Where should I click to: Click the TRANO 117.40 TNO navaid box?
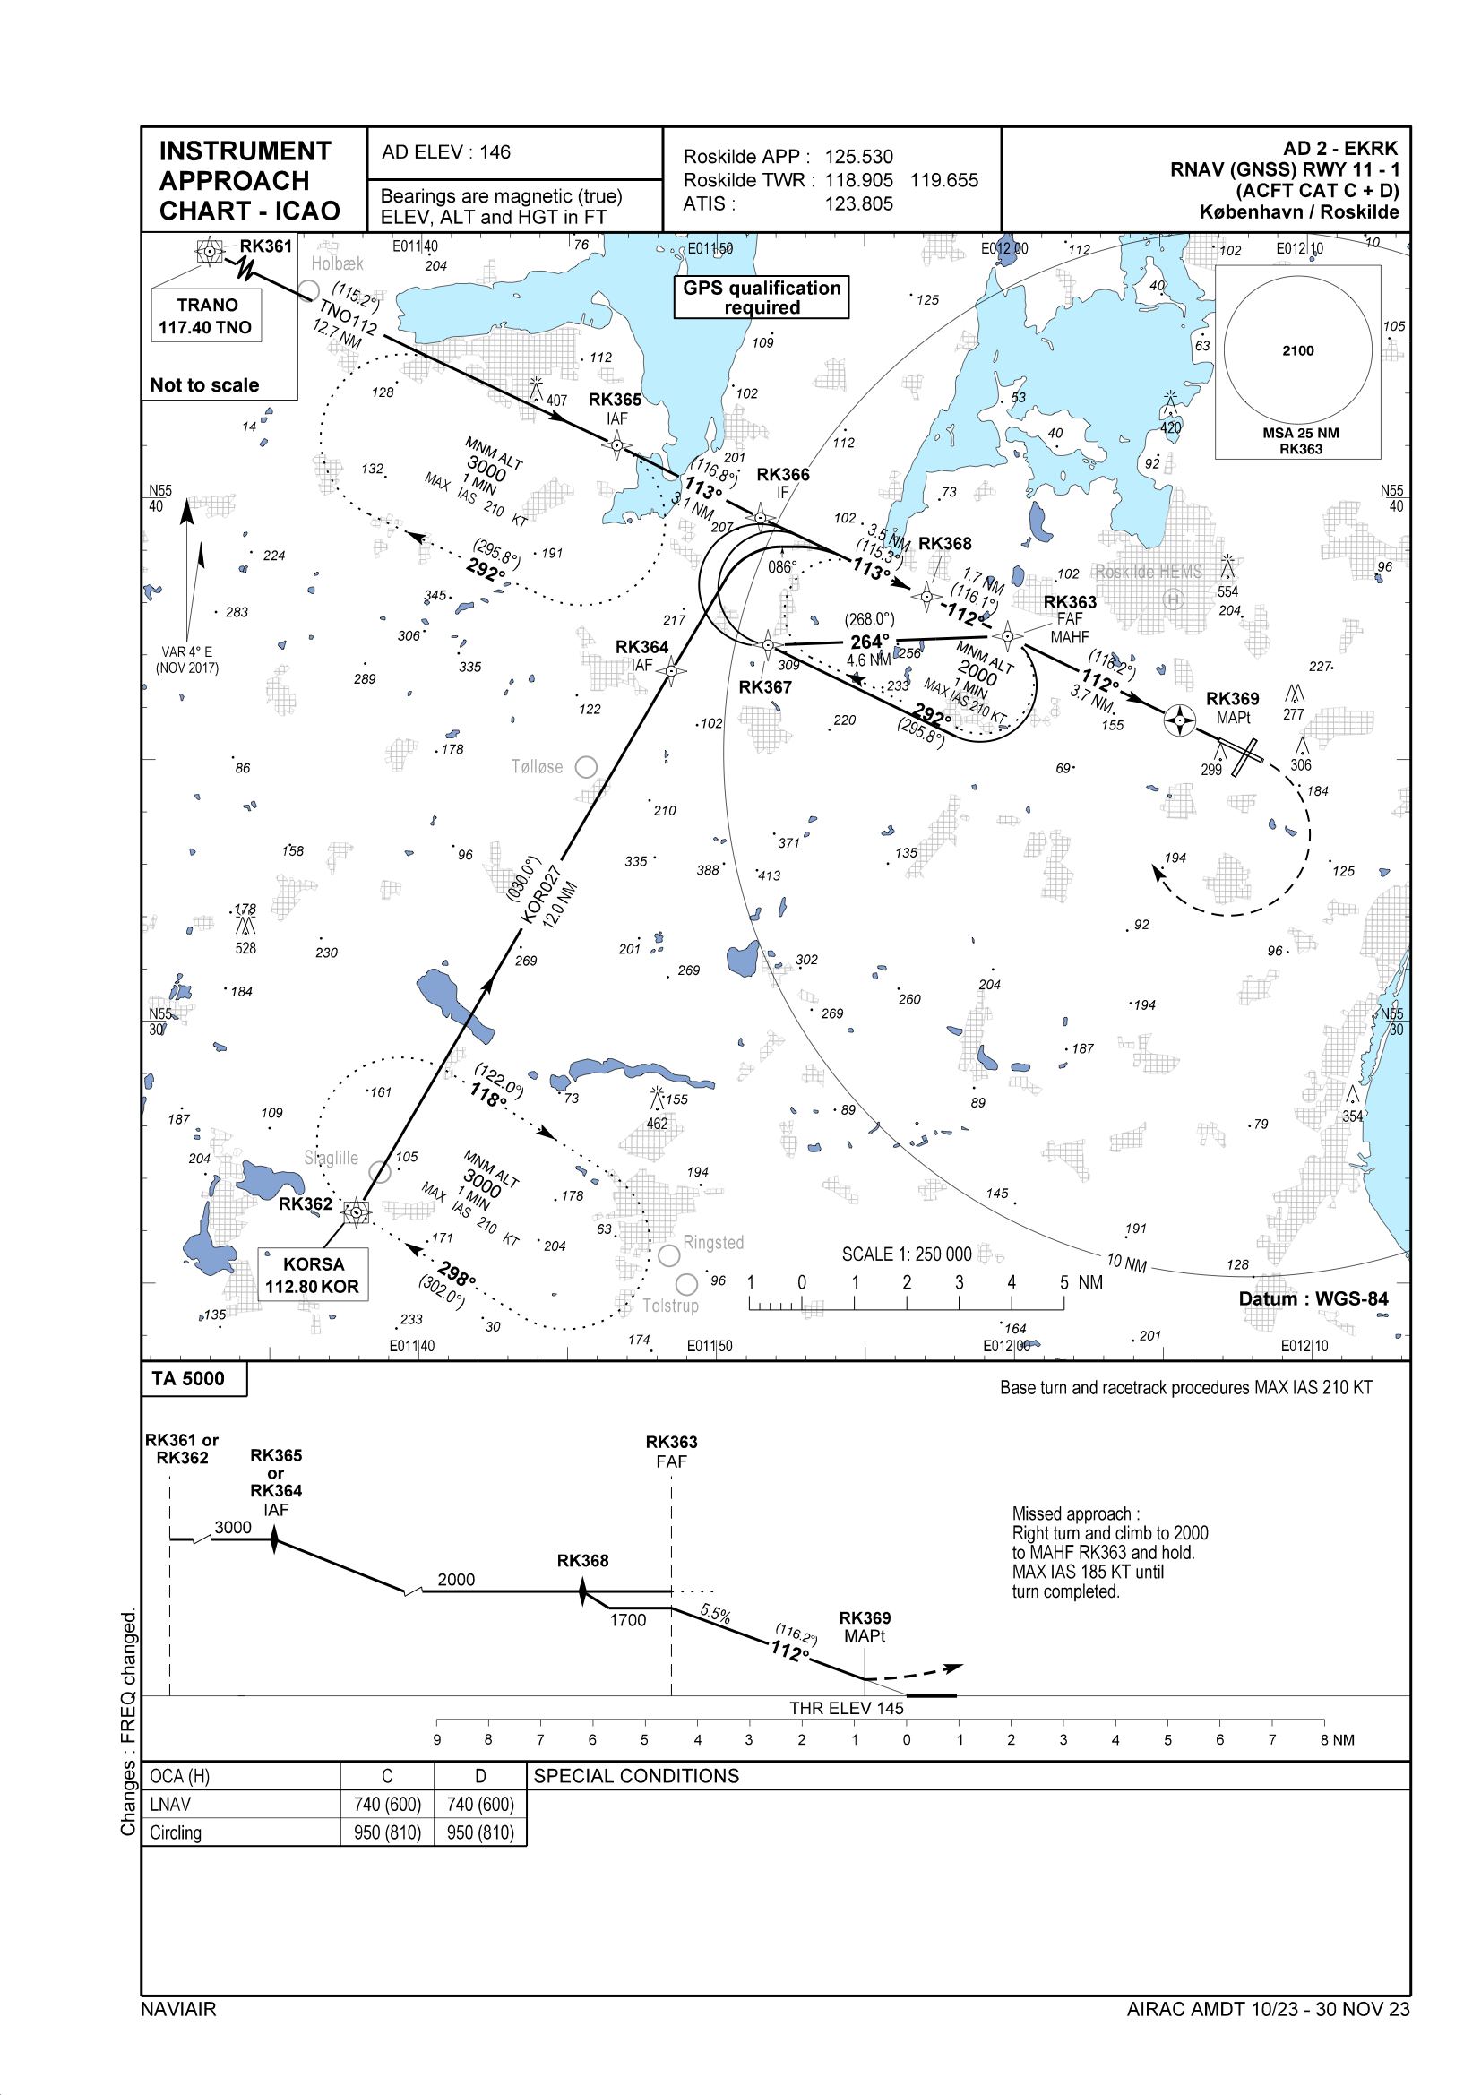(206, 315)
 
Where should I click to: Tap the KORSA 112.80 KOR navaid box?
(313, 1275)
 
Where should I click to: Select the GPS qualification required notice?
(761, 297)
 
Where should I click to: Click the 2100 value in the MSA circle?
(1297, 351)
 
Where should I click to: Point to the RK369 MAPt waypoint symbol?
(1180, 720)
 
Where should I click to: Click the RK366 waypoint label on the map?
(783, 475)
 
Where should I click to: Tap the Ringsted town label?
(713, 1243)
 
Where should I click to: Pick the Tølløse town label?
(537, 767)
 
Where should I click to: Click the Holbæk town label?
(337, 263)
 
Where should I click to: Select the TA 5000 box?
(189, 1379)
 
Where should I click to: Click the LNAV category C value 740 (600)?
(388, 1805)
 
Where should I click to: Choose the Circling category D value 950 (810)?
(481, 1833)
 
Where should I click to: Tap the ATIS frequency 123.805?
(858, 204)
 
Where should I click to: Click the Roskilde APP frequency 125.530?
(858, 157)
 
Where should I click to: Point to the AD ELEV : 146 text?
(446, 152)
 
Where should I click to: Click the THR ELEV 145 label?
(846, 1708)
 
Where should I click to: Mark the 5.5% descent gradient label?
(715, 1614)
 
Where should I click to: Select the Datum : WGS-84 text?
(1313, 1298)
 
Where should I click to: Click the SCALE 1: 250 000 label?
(906, 1254)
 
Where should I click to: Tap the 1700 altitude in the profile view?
(628, 1620)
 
